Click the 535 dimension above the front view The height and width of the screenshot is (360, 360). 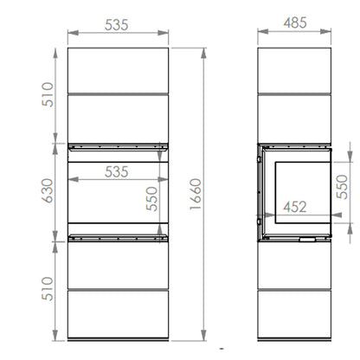116,25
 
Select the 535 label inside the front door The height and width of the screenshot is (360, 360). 116,172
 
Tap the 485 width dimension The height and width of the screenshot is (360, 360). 295,23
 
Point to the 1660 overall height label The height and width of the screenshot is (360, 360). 196,194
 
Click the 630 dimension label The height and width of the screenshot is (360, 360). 48,190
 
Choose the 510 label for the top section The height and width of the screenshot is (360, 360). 48,94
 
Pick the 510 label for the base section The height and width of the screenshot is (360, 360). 48,289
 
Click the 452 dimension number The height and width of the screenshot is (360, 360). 295,207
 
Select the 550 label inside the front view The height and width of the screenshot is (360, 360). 151,199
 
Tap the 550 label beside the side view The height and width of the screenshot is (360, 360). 342,187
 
